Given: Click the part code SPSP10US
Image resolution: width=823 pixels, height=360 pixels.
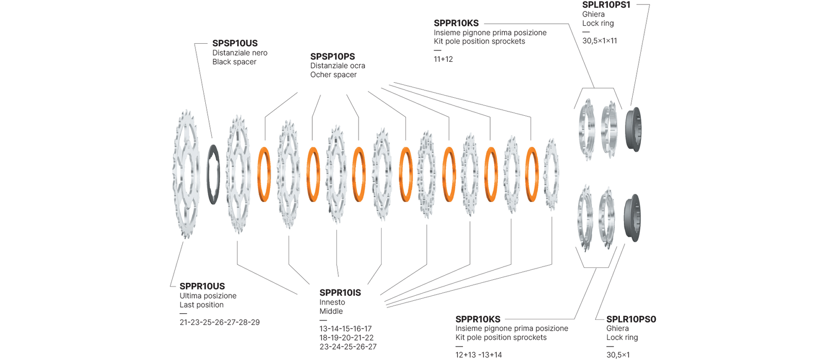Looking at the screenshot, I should [235, 44].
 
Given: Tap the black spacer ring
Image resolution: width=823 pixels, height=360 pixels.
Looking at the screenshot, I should [213, 175].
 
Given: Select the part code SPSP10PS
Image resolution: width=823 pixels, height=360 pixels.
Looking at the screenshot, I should [332, 57].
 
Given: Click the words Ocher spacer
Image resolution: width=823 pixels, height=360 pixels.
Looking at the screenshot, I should [333, 75].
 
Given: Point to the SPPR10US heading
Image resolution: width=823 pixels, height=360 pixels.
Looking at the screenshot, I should [202, 286].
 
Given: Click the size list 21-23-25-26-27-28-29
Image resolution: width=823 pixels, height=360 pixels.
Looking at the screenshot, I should [220, 322].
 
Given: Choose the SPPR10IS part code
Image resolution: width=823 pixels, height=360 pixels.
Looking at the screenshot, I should [340, 293].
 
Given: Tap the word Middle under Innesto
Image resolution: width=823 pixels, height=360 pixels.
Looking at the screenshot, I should [331, 311].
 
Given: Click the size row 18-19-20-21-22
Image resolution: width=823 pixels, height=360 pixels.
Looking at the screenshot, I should [347, 338].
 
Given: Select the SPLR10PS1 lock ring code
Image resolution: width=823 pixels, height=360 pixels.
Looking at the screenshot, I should [606, 5].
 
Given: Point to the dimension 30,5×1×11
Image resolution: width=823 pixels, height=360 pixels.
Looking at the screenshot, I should [600, 41].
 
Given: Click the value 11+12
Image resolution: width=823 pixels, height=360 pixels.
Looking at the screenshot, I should [443, 59].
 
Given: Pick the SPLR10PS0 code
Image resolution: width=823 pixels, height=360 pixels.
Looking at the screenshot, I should [631, 319].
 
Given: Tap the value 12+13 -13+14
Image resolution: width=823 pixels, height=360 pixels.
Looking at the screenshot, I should [478, 355].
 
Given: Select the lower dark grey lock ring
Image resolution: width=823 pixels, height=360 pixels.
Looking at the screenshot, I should [632, 218].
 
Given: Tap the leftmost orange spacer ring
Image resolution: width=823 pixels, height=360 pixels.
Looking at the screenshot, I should [264, 174].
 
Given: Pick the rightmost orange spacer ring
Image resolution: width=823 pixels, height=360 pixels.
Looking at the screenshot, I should [532, 174].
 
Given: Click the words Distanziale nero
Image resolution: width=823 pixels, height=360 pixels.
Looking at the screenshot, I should [240, 53].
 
